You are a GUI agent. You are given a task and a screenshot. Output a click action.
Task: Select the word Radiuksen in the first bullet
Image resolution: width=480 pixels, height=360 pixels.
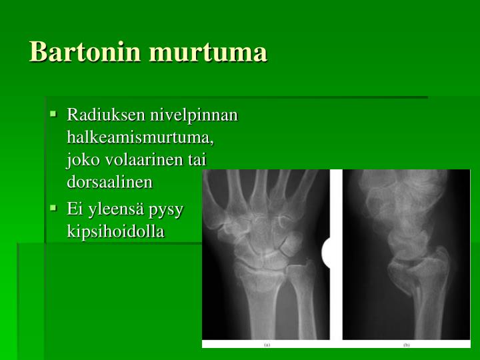[x=97, y=115]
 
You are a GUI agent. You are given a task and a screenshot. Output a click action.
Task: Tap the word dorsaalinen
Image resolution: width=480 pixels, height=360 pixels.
[x=110, y=181]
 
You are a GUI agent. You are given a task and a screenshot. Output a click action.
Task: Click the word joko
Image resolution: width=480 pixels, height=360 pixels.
[x=81, y=159]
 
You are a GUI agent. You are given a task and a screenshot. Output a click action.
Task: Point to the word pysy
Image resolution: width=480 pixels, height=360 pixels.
[x=167, y=209]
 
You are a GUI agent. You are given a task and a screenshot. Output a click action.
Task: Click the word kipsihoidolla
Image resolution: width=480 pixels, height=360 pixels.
[x=115, y=231]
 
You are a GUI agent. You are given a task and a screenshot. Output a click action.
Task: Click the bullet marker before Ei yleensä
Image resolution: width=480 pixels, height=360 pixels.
[x=53, y=207]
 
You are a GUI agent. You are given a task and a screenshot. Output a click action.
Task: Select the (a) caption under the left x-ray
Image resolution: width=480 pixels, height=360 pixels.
[x=266, y=345]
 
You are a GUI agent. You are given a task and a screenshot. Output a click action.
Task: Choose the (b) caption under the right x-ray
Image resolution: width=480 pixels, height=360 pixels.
[x=406, y=345]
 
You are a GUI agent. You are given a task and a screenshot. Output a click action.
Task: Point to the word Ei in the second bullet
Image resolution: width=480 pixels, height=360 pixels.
[x=75, y=209]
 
